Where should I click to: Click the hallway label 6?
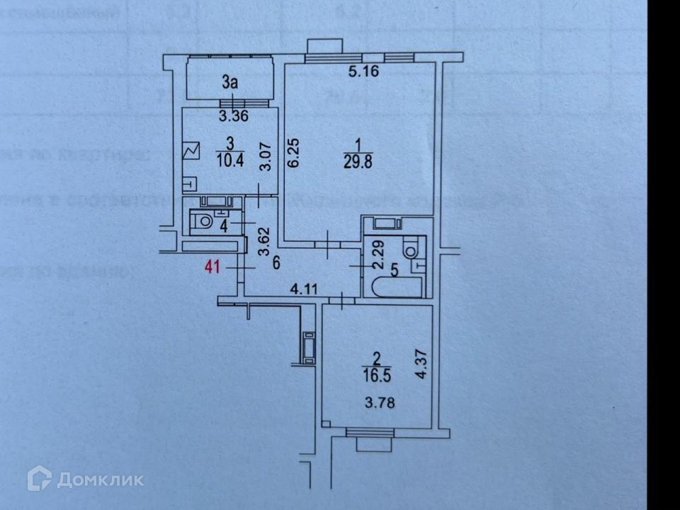pos(277,262)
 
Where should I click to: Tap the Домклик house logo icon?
pos(39,479)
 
